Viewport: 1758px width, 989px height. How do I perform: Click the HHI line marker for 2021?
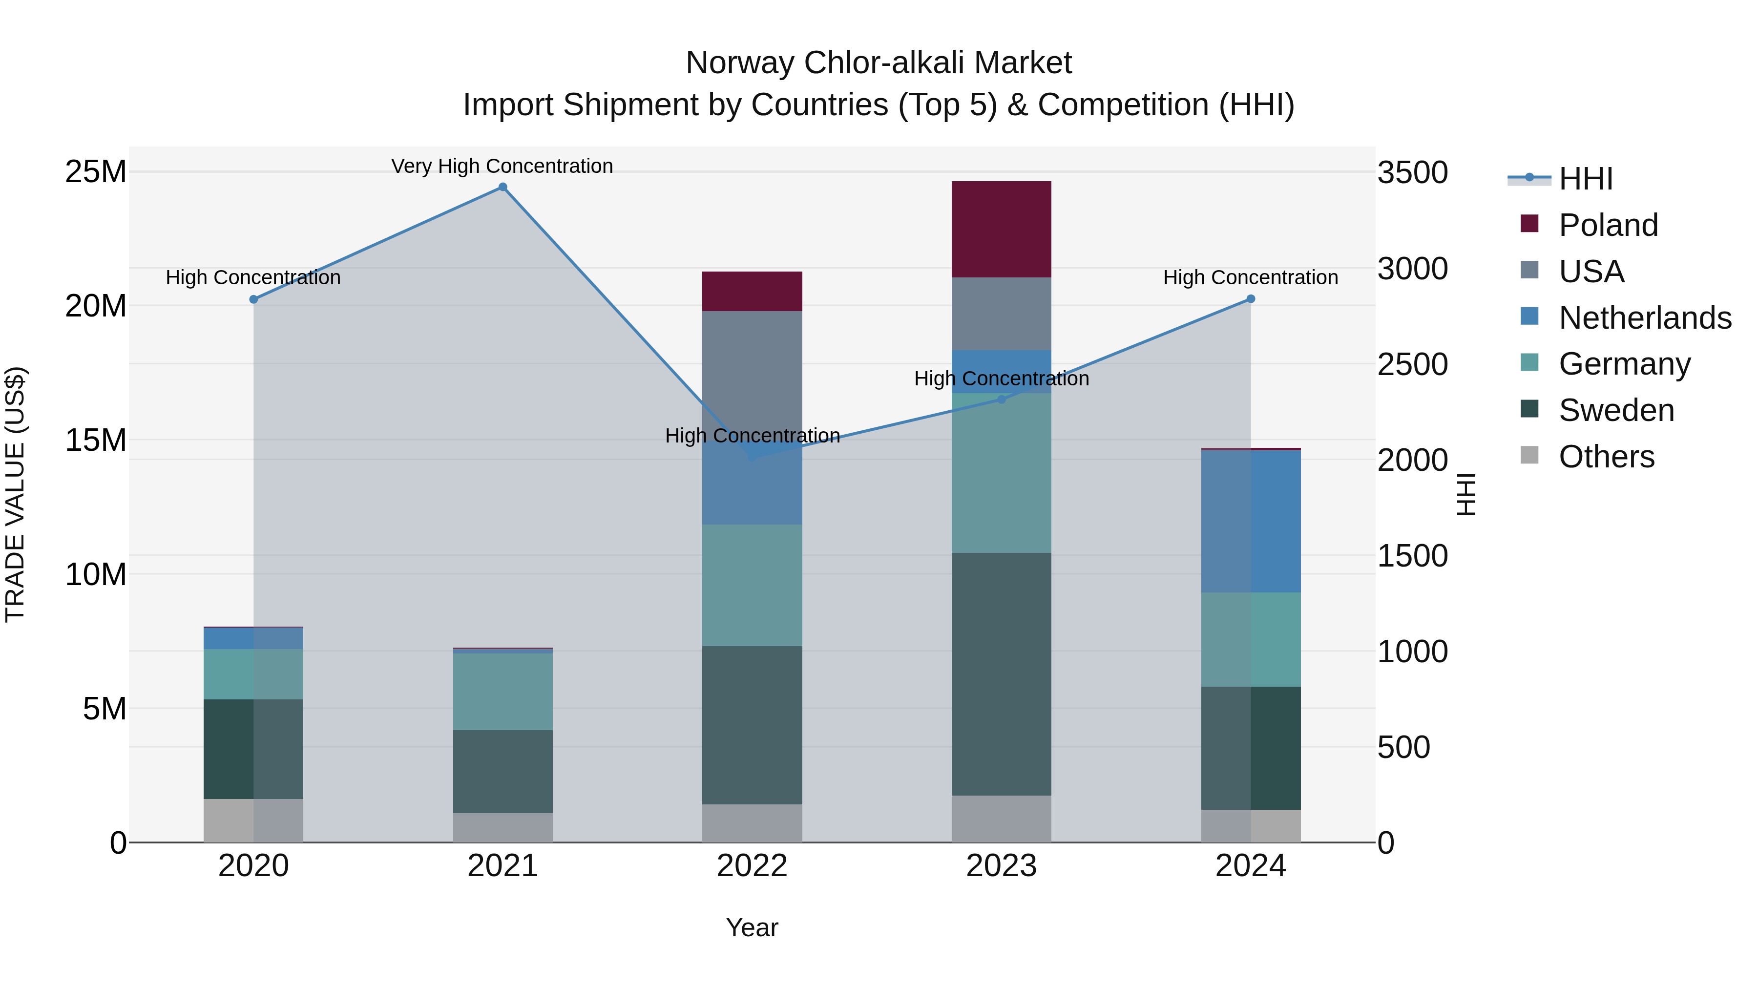coord(502,187)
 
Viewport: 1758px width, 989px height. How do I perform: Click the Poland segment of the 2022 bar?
coord(752,292)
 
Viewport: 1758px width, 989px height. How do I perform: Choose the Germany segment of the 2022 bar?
coord(752,585)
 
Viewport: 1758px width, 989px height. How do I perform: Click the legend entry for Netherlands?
coord(1645,318)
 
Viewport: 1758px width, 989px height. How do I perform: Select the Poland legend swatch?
coord(1529,224)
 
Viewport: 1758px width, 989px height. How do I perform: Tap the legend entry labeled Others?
coord(1607,457)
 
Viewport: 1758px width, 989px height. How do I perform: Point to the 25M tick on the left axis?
coord(96,171)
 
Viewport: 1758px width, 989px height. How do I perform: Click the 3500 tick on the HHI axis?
coord(1412,173)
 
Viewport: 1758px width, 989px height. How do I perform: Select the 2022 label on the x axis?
coord(752,866)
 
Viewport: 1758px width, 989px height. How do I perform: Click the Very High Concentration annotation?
coord(502,166)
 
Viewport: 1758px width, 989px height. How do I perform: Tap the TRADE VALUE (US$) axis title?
coord(15,494)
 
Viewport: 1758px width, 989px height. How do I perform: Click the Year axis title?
coord(752,927)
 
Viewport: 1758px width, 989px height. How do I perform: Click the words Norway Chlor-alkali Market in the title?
coord(879,63)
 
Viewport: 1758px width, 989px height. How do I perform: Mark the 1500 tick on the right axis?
coord(1412,556)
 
